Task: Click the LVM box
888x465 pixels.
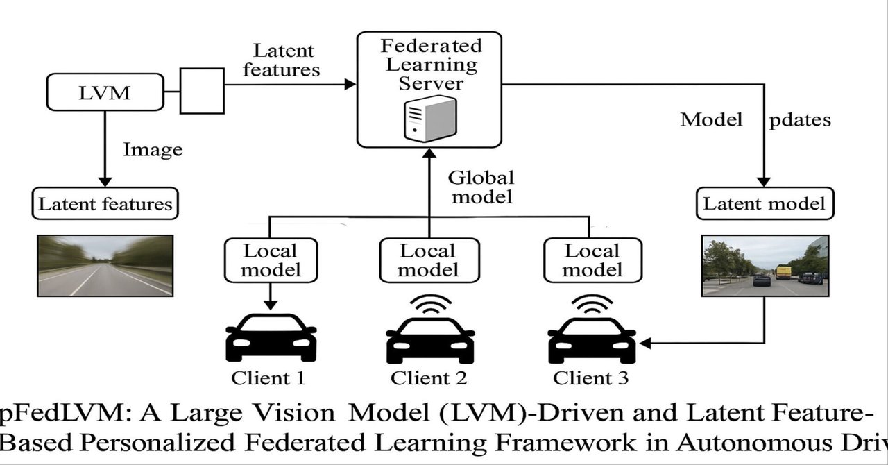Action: [105, 93]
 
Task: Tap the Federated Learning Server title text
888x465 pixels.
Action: [431, 65]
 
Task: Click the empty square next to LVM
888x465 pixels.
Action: [202, 90]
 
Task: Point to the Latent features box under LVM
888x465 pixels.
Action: [105, 204]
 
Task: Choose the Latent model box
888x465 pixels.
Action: [764, 203]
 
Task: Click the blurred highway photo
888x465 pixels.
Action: [105, 266]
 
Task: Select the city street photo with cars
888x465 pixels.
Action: [765, 266]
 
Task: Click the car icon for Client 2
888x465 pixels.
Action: [430, 339]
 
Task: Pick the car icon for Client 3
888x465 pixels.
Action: [592, 339]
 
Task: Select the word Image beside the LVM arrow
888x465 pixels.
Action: [153, 149]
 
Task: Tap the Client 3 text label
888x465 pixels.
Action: [591, 378]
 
